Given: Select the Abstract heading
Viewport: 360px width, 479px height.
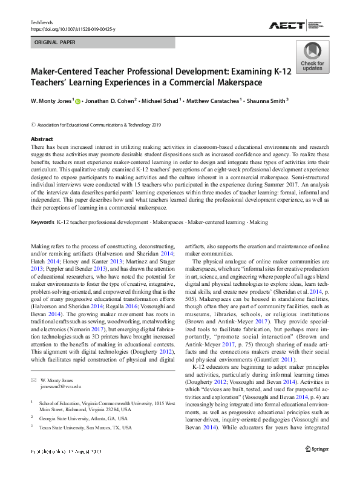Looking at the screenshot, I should coord(42,139).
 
